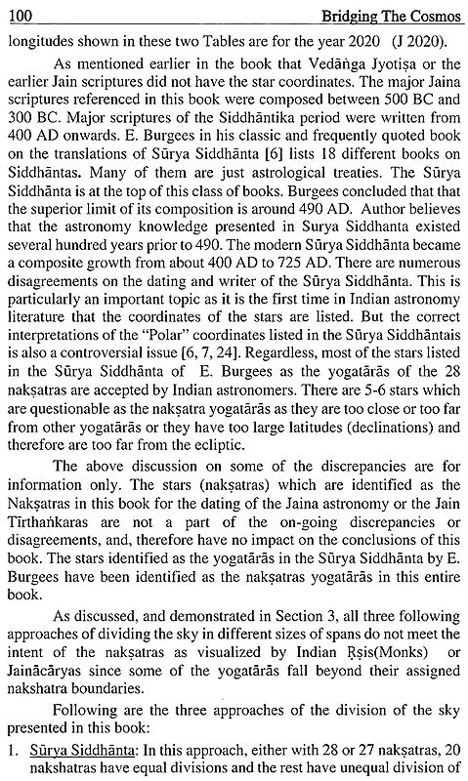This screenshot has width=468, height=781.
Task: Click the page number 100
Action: pyautogui.click(x=17, y=12)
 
